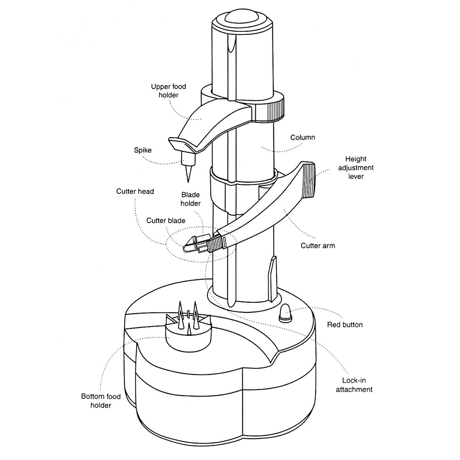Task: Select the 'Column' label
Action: [303, 138]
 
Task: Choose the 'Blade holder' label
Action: [190, 199]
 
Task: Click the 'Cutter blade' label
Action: [166, 220]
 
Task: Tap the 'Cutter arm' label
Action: [317, 246]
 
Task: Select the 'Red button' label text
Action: [345, 325]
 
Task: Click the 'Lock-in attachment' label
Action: [357, 385]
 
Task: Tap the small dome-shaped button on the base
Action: [285, 313]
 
